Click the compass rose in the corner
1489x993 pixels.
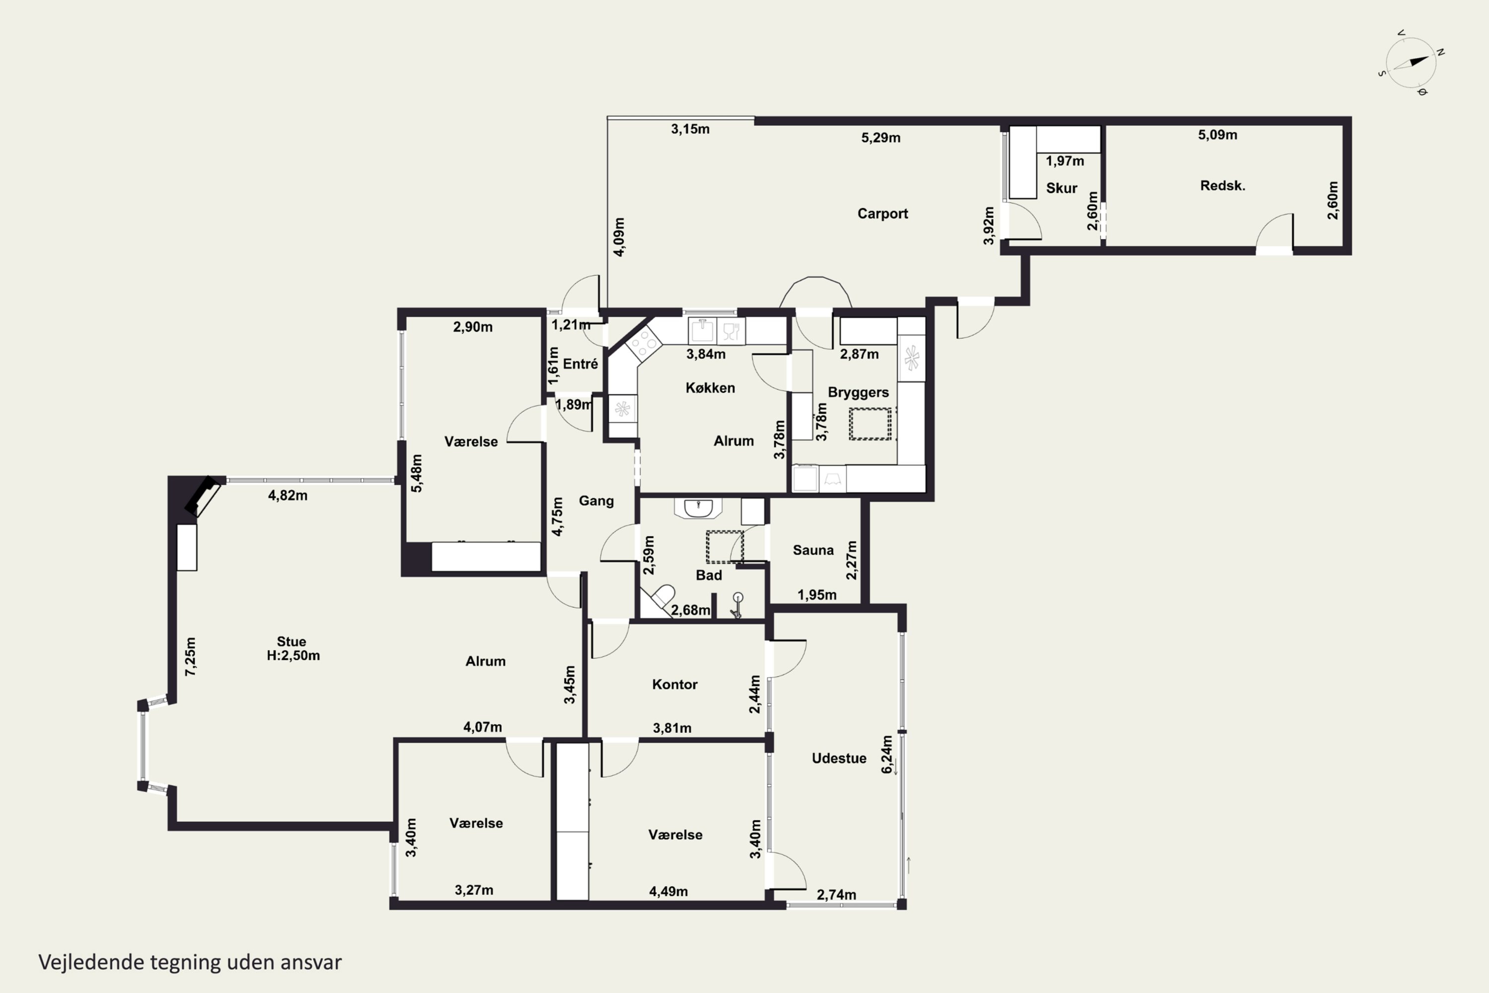1411,63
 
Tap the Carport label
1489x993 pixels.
882,213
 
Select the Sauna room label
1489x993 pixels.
813,550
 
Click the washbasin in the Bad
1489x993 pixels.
698,508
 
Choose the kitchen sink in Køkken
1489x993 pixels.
702,330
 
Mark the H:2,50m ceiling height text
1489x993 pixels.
293,655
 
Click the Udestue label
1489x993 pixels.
839,758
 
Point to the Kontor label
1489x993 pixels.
675,684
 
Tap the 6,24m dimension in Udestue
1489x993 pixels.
887,754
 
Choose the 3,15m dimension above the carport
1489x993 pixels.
690,129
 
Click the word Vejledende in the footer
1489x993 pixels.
91,963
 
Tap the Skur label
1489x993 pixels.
1062,188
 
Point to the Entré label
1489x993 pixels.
581,364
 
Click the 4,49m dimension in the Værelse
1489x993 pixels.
668,892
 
